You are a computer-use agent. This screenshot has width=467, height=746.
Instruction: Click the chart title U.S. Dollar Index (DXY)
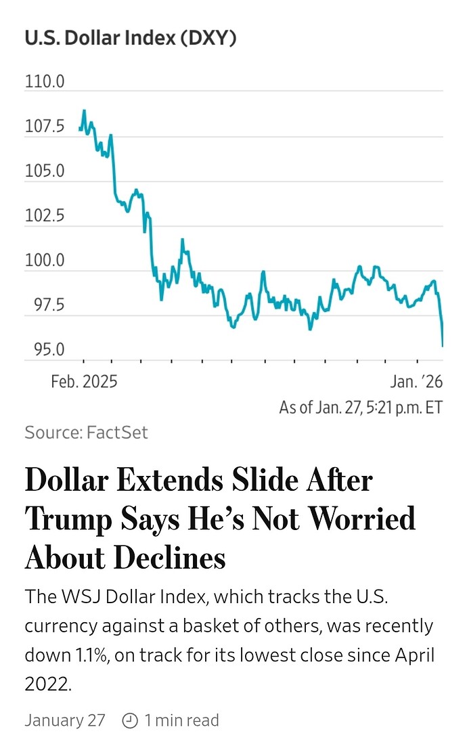coord(131,39)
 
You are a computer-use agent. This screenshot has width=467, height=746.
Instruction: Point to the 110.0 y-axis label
coord(45,83)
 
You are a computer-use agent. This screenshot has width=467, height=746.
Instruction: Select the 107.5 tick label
coord(45,127)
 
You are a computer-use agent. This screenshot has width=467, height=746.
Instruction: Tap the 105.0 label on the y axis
coord(45,171)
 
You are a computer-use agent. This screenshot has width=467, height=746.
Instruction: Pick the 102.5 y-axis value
coord(45,217)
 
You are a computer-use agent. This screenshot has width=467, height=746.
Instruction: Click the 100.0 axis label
coord(45,261)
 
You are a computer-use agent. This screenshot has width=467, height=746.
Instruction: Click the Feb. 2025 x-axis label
coord(84,382)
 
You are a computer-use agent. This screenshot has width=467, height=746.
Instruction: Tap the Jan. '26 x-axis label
coord(416,382)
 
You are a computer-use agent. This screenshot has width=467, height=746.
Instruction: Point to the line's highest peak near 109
coord(84,110)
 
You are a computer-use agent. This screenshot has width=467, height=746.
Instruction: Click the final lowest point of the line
coord(443,345)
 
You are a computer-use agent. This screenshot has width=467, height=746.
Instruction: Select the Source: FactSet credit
coord(86,433)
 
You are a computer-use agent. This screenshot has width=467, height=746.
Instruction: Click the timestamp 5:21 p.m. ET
coord(400,408)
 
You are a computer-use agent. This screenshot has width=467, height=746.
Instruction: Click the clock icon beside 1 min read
coord(130,721)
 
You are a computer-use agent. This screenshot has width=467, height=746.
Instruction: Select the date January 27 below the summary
coord(65,720)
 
